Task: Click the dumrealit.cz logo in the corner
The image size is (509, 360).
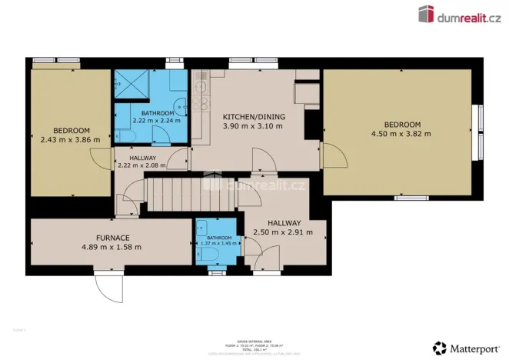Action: pos(459,13)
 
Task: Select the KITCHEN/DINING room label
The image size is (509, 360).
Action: pos(254,116)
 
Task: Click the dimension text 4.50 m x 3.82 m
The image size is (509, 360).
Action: pos(401,134)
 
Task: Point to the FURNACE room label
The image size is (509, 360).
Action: pos(112,238)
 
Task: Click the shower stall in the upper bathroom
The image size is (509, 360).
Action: pos(129,83)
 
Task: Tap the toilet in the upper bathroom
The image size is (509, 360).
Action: pos(127,136)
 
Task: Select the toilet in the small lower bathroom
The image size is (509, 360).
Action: pos(212,253)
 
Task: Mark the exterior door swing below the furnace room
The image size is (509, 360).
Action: pos(108,288)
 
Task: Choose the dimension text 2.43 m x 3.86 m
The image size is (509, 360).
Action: pos(71,140)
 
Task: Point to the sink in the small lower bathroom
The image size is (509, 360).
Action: pos(201,228)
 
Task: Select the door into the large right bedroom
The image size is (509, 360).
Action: pos(333,158)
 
